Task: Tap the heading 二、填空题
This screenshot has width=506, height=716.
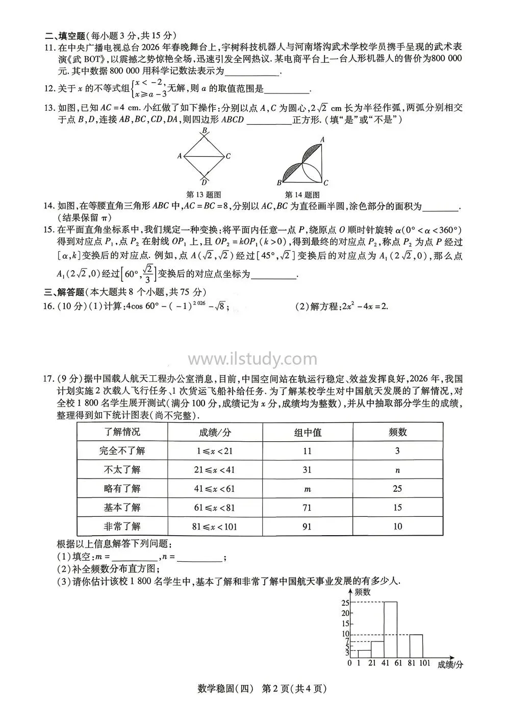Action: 65,36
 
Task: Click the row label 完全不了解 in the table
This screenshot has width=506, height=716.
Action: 122,451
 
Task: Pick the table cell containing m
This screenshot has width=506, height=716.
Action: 307,489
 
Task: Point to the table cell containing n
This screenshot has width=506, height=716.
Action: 397,470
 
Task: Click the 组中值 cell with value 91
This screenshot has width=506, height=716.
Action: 307,527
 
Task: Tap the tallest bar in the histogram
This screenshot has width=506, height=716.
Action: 391,629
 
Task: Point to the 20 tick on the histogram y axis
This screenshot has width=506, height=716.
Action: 346,613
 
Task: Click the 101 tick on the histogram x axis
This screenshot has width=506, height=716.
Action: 424,663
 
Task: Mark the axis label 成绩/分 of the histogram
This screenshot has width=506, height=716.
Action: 450,664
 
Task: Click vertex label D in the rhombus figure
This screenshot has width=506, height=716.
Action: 204,182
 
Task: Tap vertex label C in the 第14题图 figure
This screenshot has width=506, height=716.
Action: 325,183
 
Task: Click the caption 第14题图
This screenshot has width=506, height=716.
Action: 302,195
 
